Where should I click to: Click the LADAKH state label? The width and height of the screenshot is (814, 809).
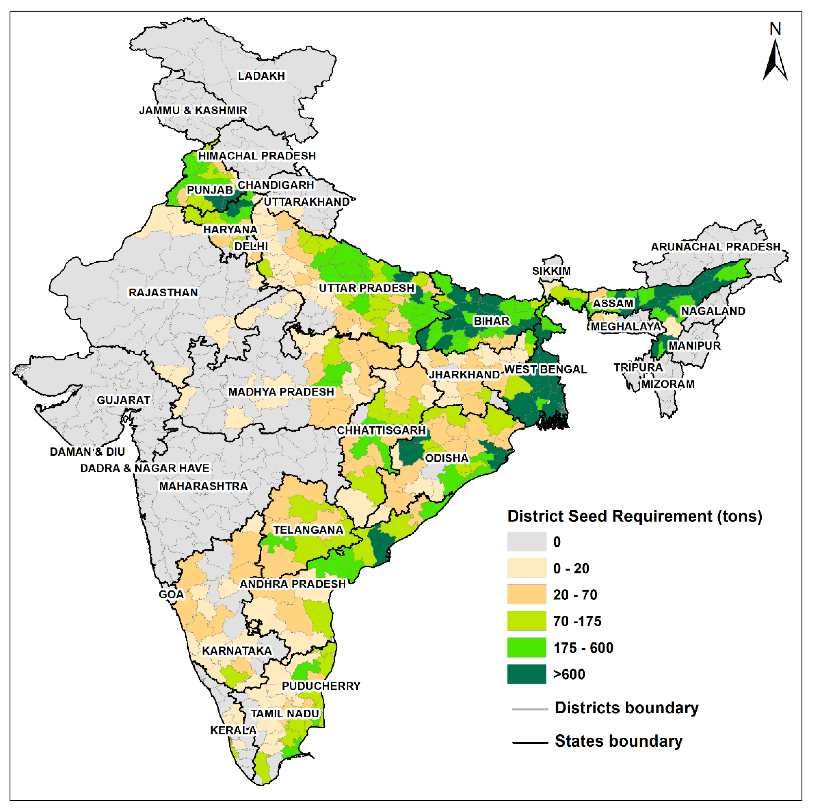click(261, 76)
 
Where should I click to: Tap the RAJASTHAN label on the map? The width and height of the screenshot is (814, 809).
click(163, 293)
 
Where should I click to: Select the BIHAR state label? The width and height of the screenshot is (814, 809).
click(491, 321)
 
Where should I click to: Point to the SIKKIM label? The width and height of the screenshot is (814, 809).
click(551, 271)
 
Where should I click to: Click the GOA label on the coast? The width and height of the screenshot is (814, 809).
click(171, 594)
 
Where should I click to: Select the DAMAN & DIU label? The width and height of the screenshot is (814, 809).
click(87, 452)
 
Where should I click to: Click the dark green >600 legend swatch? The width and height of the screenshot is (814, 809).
click(526, 674)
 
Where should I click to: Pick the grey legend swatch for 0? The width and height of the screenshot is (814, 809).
click(526, 542)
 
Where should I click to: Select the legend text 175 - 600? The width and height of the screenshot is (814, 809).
click(583, 648)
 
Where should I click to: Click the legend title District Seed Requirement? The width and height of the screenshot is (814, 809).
click(634, 516)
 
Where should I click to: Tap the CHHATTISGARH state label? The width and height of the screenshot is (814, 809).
click(381, 431)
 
